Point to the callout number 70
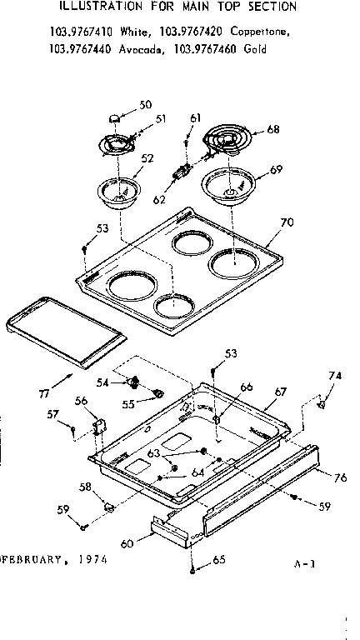(287, 222)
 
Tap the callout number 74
(335, 377)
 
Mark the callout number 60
(127, 543)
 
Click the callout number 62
(159, 200)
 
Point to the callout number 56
(82, 401)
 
